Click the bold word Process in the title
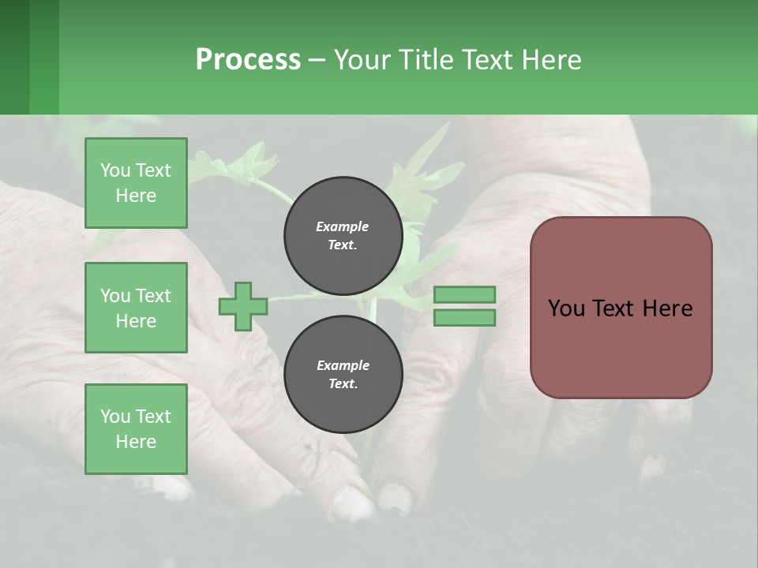248,60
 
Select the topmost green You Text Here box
136,183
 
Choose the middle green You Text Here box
136,308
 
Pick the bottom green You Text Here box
136,429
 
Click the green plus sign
243,307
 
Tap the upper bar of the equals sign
465,295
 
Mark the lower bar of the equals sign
465,318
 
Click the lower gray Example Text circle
343,374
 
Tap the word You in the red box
566,308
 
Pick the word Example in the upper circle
343,226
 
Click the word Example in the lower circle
343,365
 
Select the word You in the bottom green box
115,417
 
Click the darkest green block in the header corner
14,57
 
